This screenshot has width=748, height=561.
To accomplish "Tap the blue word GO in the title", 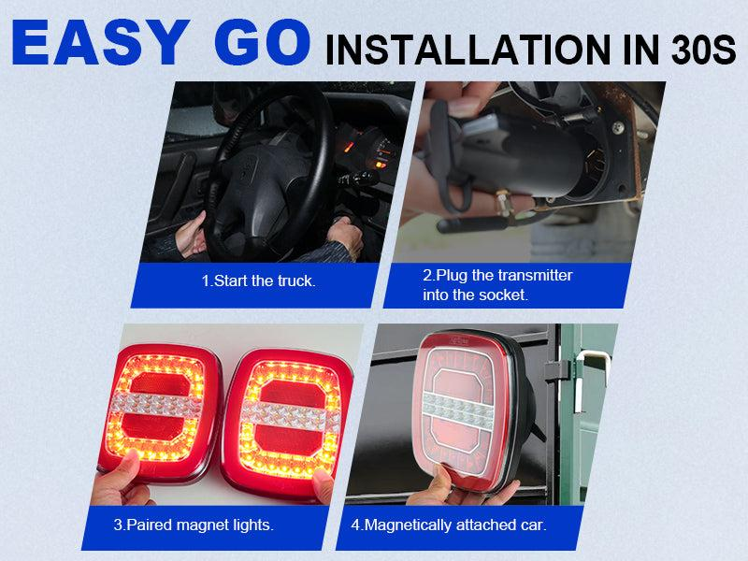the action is tap(263, 42).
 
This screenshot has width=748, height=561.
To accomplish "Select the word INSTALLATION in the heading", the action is tap(467, 50).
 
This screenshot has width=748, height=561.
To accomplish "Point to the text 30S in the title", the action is tap(704, 50).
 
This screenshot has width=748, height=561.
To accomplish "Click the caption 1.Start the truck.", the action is tap(259, 280).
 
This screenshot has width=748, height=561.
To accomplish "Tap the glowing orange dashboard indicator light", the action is tap(381, 165).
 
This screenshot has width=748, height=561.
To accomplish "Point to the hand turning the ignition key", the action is tap(346, 237).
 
